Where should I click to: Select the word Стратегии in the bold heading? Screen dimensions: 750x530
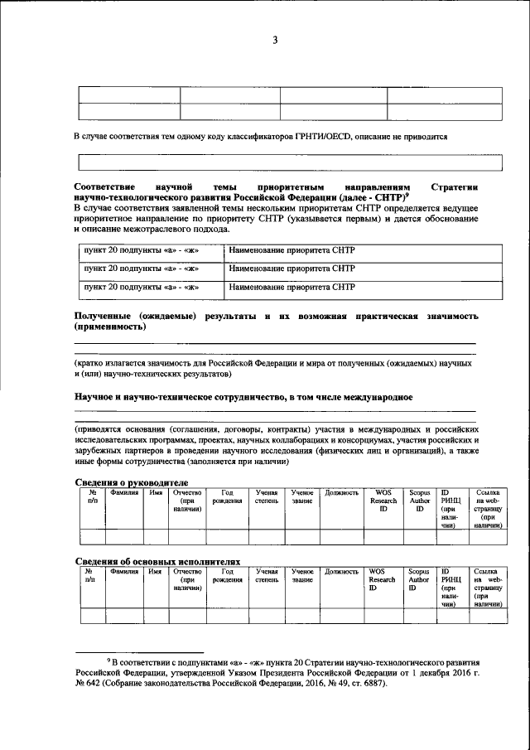click(x=455, y=188)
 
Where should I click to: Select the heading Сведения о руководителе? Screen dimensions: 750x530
click(x=131, y=482)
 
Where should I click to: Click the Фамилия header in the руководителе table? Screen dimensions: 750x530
click(x=124, y=492)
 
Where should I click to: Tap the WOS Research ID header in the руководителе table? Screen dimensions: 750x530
click(x=383, y=501)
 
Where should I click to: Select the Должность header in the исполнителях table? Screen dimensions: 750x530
click(x=341, y=572)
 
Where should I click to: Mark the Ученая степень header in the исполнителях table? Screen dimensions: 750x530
click(x=267, y=576)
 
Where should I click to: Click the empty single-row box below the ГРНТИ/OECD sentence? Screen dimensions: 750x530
click(x=277, y=162)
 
